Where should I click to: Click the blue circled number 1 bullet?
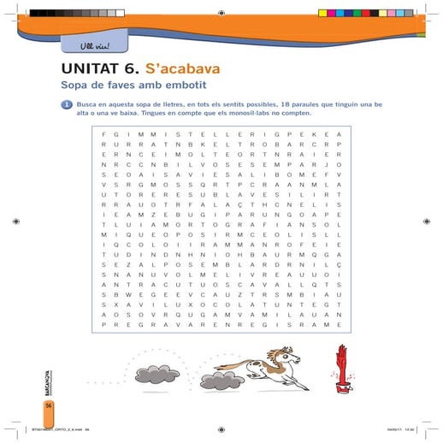[x=65, y=104]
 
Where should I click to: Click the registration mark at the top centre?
[x=221, y=13]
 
